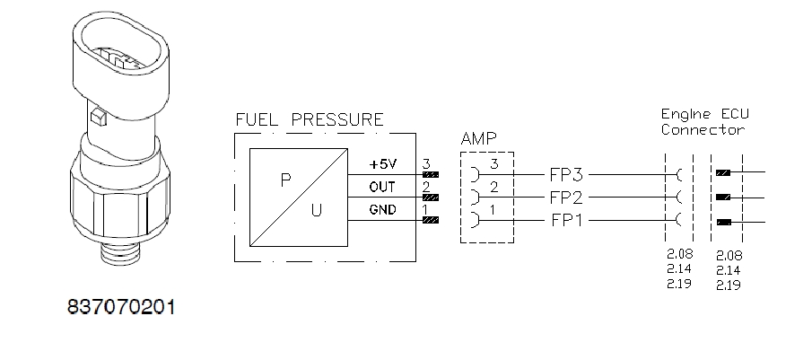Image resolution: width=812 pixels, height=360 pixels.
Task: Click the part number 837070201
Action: (121, 307)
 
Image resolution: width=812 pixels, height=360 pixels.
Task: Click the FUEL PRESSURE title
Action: (310, 119)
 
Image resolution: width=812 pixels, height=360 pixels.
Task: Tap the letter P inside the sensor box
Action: (285, 179)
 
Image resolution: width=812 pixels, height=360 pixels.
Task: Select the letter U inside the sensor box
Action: (314, 212)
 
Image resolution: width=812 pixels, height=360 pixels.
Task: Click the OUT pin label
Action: (382, 187)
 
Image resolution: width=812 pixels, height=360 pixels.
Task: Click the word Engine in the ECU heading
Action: (685, 115)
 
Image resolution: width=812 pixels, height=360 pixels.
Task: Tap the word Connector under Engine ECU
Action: (703, 129)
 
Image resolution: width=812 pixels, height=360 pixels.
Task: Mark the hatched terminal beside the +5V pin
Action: (431, 174)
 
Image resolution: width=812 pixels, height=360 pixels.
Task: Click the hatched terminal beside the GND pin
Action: (431, 220)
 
